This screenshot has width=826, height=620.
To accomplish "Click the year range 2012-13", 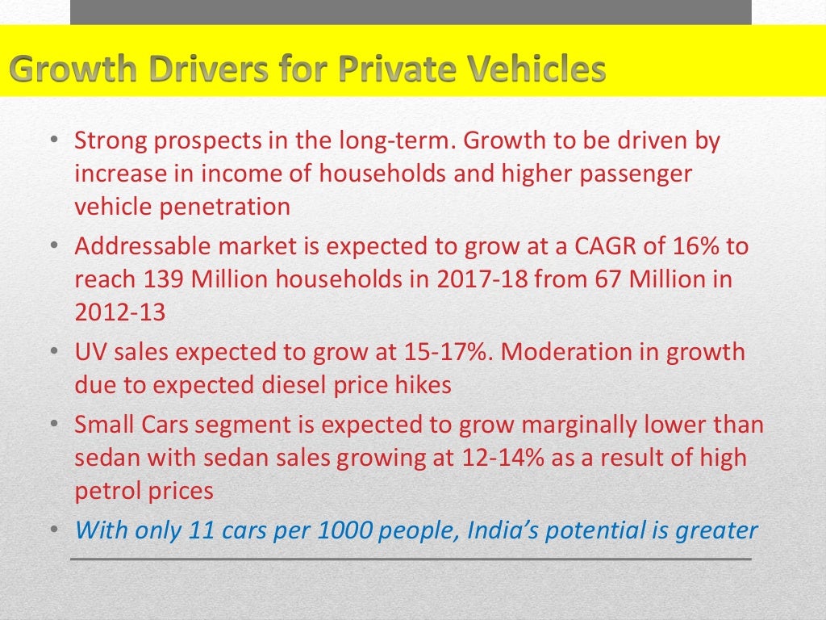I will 120,312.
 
